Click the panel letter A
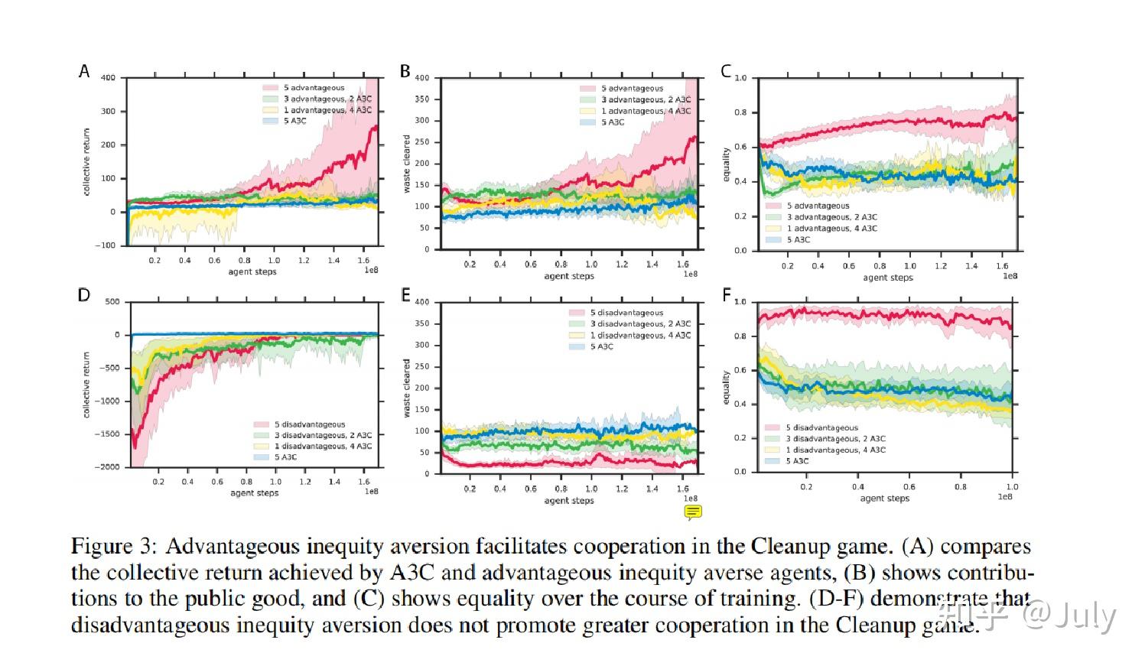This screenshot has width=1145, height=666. [x=84, y=71]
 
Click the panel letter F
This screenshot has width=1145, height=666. [x=726, y=294]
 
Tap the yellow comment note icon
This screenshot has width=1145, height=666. [x=693, y=512]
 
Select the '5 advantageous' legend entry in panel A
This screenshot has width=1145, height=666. [x=314, y=88]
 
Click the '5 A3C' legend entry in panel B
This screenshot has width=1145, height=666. [x=612, y=122]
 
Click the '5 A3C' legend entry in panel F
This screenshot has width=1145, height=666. [x=798, y=461]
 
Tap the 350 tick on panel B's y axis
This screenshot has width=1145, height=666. [x=422, y=99]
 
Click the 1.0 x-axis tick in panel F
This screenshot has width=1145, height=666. [x=1011, y=486]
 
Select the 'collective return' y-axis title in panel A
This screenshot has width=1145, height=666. [x=86, y=161]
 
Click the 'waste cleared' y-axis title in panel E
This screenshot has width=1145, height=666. [x=407, y=388]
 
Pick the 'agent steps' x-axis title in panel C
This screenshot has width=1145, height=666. [x=887, y=278]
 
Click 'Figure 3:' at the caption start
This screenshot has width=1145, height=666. [x=114, y=547]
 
